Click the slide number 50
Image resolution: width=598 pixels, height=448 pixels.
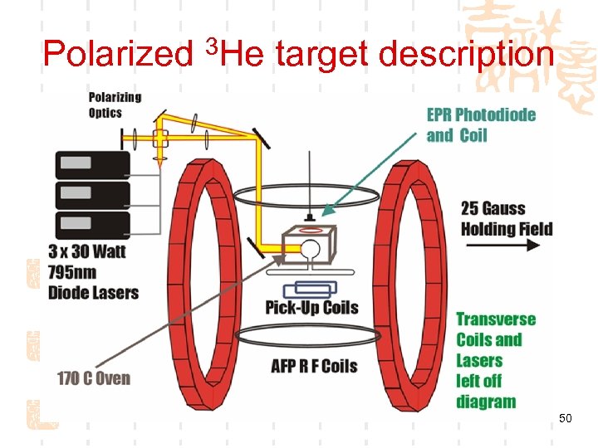point(565,419)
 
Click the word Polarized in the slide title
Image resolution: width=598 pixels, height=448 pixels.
point(116,55)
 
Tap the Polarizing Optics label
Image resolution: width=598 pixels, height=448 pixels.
point(115,105)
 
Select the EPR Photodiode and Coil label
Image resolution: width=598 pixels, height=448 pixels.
point(481,124)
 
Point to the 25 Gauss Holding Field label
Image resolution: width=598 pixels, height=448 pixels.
point(506,217)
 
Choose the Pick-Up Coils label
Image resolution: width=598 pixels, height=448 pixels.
point(311,308)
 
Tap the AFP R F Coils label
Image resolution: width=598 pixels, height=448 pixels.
point(314,365)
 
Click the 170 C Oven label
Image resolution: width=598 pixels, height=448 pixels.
point(94,378)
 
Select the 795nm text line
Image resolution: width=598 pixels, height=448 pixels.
point(72,272)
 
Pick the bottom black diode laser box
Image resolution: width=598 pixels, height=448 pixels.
point(91,225)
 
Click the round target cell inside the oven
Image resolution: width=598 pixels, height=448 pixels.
point(308,248)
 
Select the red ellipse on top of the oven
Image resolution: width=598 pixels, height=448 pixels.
point(311,228)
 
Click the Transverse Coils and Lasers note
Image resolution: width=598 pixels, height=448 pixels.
point(496,360)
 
